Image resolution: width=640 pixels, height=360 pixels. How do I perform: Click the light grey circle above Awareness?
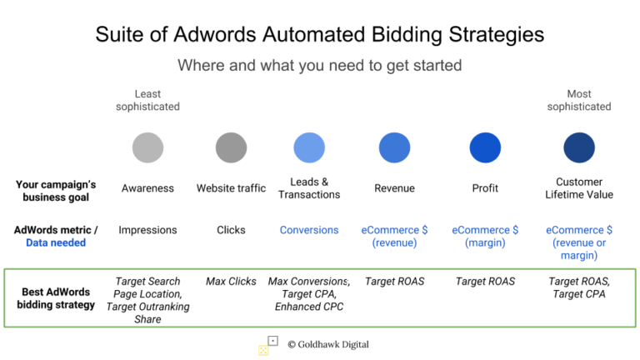pyautogui.click(x=147, y=147)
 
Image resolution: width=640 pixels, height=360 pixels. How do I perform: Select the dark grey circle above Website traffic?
pyautogui.click(x=231, y=147)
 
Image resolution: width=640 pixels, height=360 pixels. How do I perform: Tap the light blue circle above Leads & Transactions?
pyautogui.click(x=309, y=147)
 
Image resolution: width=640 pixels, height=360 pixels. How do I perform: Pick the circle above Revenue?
pyautogui.click(x=394, y=147)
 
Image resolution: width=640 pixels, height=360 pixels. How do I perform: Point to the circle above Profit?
pyautogui.click(x=485, y=147)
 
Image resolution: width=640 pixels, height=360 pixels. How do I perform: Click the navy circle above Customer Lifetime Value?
pyautogui.click(x=579, y=147)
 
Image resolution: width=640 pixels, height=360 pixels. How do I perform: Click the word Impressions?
pyautogui.click(x=147, y=230)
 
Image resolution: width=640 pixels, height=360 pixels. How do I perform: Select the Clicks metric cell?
pyautogui.click(x=231, y=230)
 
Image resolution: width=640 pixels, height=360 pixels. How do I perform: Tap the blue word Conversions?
pyautogui.click(x=309, y=230)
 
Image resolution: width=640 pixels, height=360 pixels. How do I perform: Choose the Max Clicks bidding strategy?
pyautogui.click(x=231, y=281)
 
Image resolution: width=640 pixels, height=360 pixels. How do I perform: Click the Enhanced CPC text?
pyautogui.click(x=309, y=307)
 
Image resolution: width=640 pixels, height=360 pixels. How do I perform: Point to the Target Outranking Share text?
pyautogui.click(x=147, y=312)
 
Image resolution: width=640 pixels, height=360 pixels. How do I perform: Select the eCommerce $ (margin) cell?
pyautogui.click(x=485, y=237)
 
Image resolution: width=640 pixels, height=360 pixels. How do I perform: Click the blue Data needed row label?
pyautogui.click(x=56, y=242)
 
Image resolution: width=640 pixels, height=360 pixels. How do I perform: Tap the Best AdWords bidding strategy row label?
pyautogui.click(x=56, y=298)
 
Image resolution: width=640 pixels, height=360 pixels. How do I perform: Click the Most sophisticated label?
pyautogui.click(x=579, y=100)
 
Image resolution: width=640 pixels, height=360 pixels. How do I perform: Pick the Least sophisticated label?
pyautogui.click(x=147, y=100)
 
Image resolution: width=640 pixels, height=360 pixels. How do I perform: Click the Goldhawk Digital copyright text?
pyautogui.click(x=328, y=344)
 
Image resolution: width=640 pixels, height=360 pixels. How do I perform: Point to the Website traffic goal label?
pyautogui.click(x=231, y=188)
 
